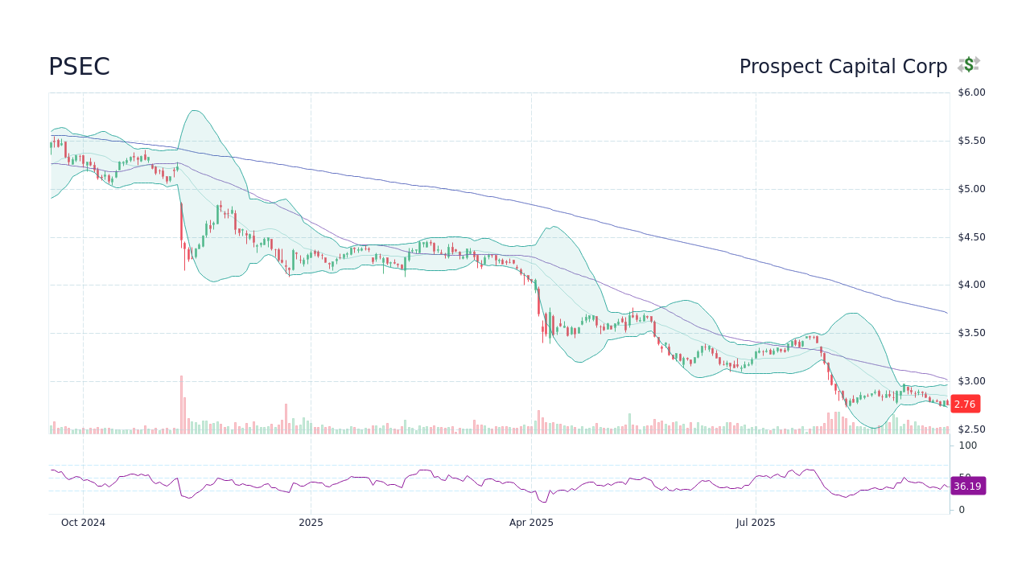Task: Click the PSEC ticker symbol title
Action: point(79,67)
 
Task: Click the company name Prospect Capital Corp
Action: point(843,67)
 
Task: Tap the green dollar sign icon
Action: point(969,65)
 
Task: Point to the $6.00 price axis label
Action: point(971,92)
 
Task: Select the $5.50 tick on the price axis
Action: point(971,141)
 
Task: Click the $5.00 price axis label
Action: point(971,189)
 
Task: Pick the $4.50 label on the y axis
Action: point(971,237)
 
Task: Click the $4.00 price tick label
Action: point(971,285)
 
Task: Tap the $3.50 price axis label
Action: point(971,333)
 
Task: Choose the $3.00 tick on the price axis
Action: point(971,381)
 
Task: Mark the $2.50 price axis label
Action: point(971,429)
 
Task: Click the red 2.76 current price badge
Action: point(964,404)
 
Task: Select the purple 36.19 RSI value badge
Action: point(967,487)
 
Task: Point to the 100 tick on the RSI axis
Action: point(968,446)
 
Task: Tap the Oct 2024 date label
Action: point(83,523)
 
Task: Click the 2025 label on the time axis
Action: point(311,523)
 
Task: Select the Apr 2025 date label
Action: point(531,523)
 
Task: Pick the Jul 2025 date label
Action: point(756,523)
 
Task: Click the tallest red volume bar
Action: point(181,405)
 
